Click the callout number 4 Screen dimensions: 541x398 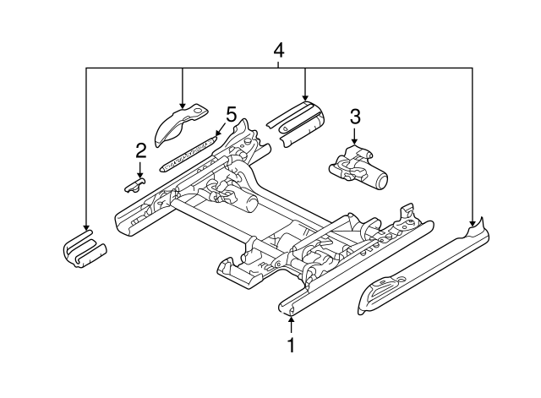278,51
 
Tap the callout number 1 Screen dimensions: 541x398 292,345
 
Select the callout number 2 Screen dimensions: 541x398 140,150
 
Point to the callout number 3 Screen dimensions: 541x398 355,117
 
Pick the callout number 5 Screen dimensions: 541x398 231,114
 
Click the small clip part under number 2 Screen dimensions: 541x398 134,185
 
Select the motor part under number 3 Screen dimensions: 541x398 358,168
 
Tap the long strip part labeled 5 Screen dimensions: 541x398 189,154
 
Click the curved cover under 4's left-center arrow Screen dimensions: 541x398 180,124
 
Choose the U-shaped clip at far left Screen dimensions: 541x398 85,249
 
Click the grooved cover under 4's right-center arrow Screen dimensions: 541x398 296,123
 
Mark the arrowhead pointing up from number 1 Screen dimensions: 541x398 292,319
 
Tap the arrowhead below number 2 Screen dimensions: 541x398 140,175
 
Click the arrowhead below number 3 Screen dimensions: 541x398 354,142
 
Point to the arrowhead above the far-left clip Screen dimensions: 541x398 85,227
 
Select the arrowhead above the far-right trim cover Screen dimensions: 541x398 472,222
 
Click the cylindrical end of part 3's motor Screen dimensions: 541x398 381,180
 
